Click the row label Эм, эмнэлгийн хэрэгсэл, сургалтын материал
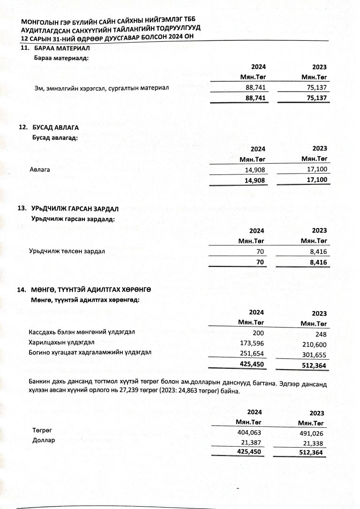[x=102, y=88]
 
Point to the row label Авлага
[x=39, y=169]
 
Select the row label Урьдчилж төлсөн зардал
[x=67, y=251]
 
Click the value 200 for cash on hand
[x=258, y=332]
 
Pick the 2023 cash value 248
[x=320, y=334]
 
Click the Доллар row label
[x=44, y=441]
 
